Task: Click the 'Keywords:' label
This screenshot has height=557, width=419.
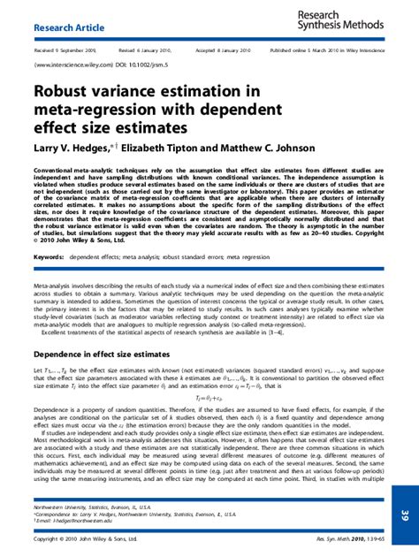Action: pos(49,256)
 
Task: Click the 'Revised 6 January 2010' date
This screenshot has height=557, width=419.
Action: pos(147,50)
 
